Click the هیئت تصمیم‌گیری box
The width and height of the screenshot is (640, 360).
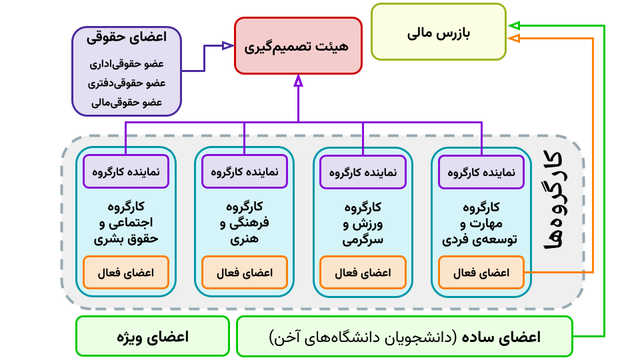point(298,45)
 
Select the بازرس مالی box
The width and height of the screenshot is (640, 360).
point(438,32)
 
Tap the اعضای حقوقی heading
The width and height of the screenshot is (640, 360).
point(127,38)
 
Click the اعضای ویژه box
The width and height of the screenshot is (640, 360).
point(153,337)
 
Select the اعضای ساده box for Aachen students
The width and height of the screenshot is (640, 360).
point(405,337)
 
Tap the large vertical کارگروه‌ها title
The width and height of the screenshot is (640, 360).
point(553,200)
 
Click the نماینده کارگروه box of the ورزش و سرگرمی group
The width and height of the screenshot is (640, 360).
point(363,172)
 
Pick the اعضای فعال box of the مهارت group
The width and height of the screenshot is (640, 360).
point(481,273)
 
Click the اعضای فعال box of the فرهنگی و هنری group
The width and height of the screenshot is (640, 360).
point(245,273)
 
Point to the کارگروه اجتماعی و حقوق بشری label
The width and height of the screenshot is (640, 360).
point(126,222)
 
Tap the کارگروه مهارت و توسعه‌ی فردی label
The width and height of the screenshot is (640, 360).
point(481,222)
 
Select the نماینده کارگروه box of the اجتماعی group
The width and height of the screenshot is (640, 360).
point(126,172)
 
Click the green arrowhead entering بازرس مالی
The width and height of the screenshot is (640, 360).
point(513,26)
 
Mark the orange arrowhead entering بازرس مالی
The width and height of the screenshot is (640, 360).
point(513,39)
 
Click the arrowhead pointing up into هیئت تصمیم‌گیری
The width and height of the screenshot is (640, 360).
point(298,81)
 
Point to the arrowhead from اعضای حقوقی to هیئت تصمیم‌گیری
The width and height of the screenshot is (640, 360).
point(227,45)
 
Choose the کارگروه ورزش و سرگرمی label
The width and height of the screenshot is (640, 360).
point(363,222)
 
